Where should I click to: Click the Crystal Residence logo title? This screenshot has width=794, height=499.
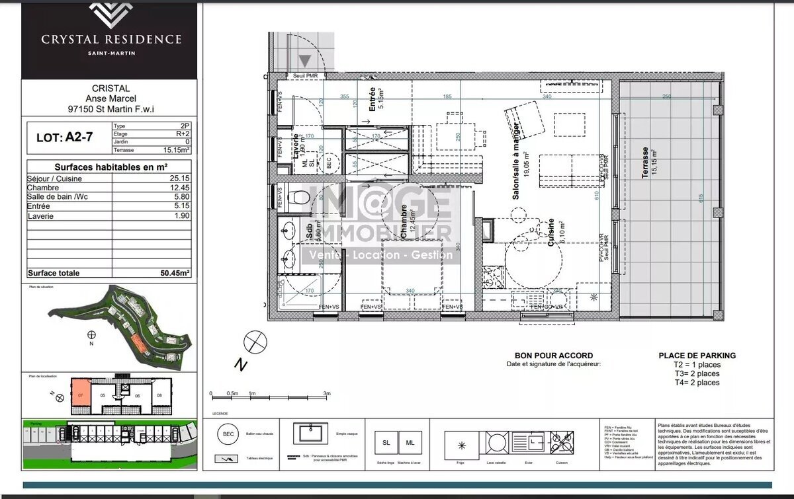110,39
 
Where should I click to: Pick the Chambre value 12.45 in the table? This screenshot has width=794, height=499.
178,188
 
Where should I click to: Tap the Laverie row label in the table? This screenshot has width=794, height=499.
40,216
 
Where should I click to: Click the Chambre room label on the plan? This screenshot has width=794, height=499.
404,221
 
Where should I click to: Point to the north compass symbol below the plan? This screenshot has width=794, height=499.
253,342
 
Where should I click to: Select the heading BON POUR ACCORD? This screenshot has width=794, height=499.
553,356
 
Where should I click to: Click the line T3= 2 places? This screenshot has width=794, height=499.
697,373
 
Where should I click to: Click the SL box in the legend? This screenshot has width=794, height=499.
386,443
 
